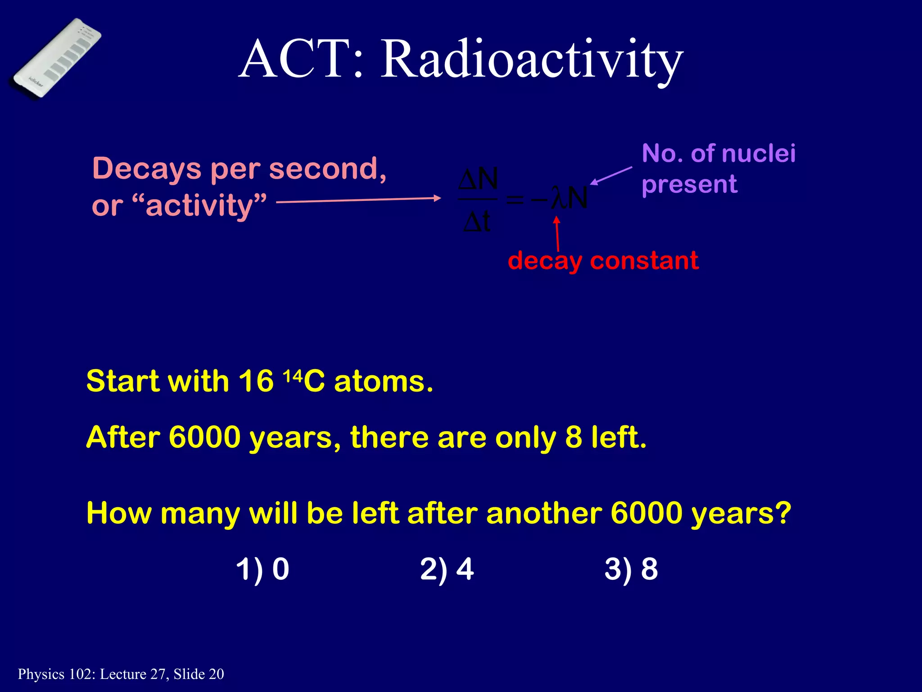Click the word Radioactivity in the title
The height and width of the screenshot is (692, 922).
point(532,59)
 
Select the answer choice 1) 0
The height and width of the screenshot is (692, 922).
point(262,569)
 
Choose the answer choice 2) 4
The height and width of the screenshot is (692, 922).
point(447,569)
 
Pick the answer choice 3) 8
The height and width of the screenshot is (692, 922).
point(631,569)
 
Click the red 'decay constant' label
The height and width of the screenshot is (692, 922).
point(603,261)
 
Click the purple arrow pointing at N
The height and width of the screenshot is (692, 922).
point(611,175)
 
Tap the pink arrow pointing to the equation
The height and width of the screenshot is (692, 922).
point(358,200)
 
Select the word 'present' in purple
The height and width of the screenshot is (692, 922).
point(689,184)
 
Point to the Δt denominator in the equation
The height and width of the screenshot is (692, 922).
point(477,222)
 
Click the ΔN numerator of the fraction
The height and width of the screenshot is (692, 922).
point(478,179)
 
